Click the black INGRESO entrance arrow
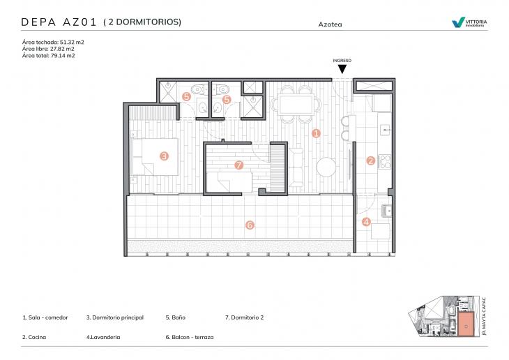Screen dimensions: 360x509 (342, 68)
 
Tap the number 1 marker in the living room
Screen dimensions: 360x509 (316, 133)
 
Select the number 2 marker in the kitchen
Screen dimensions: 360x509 (371, 160)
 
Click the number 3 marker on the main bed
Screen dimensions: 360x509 (164, 156)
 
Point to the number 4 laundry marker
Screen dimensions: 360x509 (367, 223)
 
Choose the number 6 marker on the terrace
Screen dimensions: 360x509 (250, 225)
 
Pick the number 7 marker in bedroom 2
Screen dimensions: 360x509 (239, 165)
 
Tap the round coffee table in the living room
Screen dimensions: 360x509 (326, 167)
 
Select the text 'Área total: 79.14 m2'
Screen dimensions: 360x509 (49, 56)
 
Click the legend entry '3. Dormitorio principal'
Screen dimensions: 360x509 (115, 317)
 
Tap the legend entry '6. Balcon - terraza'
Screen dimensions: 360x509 (190, 337)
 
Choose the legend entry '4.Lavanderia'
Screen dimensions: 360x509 (103, 337)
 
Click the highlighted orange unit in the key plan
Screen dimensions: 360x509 (464, 323)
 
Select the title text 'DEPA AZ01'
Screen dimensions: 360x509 (59, 22)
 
